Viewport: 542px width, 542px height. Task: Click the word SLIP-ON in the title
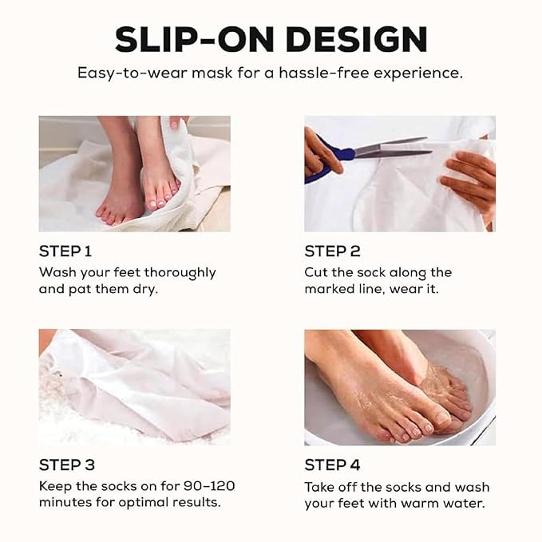[x=194, y=39]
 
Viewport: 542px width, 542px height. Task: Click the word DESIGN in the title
[x=357, y=39]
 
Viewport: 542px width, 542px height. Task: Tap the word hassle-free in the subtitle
[x=324, y=73]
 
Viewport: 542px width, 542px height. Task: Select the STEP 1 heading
[x=65, y=251]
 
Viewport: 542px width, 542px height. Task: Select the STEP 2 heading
[x=332, y=251]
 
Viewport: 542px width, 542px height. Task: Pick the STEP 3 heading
[x=67, y=465]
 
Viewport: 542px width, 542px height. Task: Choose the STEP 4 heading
[x=332, y=465]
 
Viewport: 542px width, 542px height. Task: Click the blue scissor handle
[x=328, y=157]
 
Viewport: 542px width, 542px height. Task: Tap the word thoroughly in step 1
[x=180, y=273]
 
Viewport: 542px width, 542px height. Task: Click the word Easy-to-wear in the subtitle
[x=133, y=73]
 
